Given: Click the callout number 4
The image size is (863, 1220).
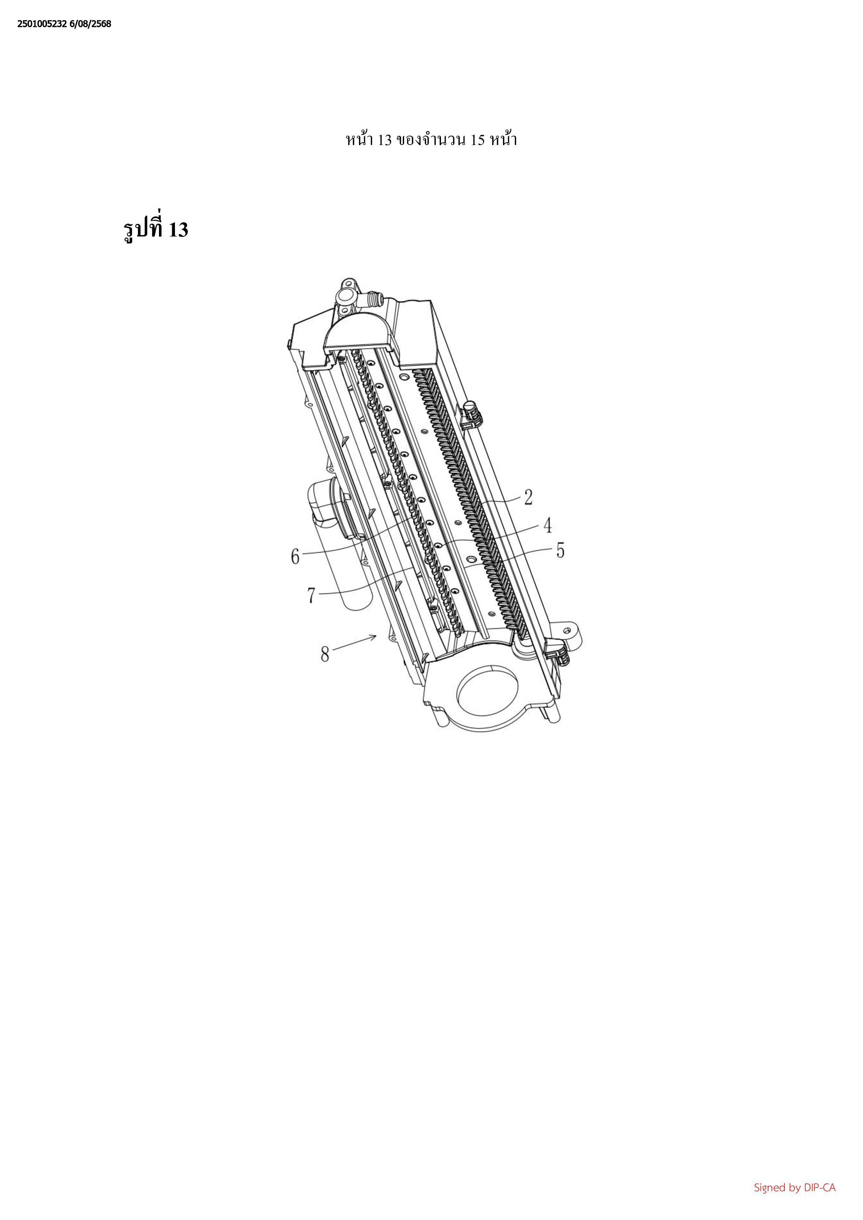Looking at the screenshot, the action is (x=547, y=525).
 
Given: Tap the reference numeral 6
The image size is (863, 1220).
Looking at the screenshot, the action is (x=295, y=557).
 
